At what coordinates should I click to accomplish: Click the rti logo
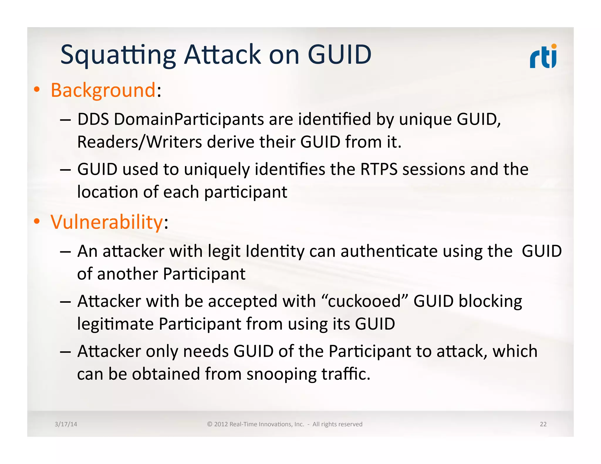point(543,57)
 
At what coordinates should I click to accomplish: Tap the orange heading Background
point(103,90)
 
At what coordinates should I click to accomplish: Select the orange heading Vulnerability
point(106,222)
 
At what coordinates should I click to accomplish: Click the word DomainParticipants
point(189,120)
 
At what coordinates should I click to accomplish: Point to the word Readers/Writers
point(139,142)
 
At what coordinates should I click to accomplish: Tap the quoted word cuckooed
point(364,302)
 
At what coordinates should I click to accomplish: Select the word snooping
point(281,374)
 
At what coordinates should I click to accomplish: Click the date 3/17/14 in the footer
point(66,424)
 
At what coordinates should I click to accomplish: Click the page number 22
point(543,424)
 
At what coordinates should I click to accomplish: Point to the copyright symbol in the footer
point(210,424)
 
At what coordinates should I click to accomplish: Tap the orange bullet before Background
point(36,90)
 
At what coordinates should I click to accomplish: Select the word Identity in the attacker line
point(275,252)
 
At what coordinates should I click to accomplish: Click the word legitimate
point(115,324)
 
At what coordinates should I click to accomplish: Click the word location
point(107,192)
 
